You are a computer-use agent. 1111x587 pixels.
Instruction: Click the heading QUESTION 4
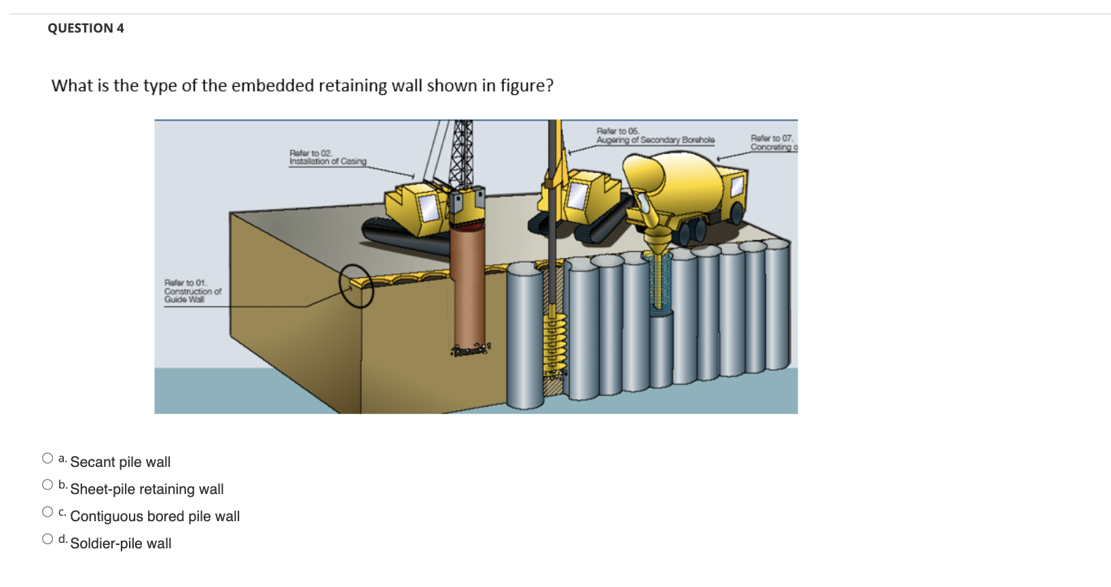(86, 28)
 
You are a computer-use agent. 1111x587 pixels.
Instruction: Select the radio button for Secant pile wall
(48, 458)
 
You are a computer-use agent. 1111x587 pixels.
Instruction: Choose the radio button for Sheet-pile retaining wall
(48, 485)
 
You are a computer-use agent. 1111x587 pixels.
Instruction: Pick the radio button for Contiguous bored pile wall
(48, 512)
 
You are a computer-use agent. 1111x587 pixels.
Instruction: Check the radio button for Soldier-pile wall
(48, 539)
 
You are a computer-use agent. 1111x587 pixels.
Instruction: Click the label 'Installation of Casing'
(327, 161)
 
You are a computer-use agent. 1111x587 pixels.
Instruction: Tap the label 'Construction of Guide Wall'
(192, 291)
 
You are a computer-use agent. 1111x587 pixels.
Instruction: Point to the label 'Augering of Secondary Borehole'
(655, 140)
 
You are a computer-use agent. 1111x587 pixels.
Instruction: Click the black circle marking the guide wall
(357, 285)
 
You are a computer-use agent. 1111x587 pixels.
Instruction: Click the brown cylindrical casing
(469, 285)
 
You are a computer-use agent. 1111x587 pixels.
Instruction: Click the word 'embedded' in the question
(272, 86)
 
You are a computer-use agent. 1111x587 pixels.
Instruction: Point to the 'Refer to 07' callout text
(771, 138)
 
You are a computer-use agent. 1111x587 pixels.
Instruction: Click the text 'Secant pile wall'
(120, 462)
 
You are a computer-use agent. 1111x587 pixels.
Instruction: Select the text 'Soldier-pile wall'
(121, 544)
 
